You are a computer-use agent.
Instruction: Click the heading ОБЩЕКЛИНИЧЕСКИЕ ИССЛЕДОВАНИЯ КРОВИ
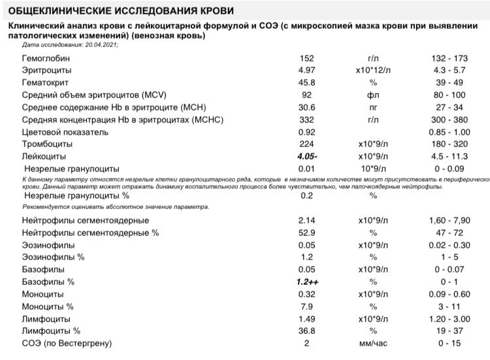point(118,12)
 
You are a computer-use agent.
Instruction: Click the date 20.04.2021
point(101,45)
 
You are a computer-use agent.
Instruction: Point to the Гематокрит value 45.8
point(306,82)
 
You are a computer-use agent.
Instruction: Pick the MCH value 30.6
point(306,108)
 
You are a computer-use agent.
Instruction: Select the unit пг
point(374,108)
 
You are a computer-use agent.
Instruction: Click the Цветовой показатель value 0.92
point(306,133)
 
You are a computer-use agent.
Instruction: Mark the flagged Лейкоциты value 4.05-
point(307,157)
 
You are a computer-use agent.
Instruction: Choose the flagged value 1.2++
point(306,282)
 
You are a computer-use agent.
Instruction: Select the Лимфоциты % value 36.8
point(306,331)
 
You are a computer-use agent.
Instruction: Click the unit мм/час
point(374,344)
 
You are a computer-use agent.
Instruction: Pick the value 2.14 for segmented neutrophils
point(306,220)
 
